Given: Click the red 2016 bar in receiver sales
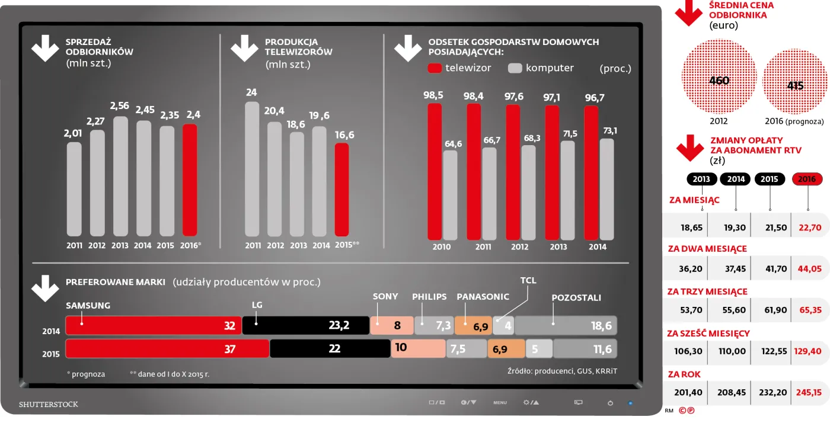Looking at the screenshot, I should pyautogui.click(x=190, y=180).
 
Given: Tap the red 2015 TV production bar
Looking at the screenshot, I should pyautogui.click(x=342, y=190).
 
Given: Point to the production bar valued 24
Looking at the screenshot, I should pyautogui.click(x=252, y=169).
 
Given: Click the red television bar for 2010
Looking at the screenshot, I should pyautogui.click(x=435, y=172).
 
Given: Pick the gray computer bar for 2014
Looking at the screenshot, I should pyautogui.click(x=606, y=190).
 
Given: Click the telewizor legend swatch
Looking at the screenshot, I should pyautogui.click(x=435, y=68).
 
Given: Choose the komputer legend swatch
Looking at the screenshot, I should pyautogui.click(x=515, y=68).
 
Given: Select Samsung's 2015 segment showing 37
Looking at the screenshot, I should pyautogui.click(x=167, y=348).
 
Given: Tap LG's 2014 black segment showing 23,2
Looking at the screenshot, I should pyautogui.click(x=305, y=325).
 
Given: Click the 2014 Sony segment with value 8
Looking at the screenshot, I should pyautogui.click(x=391, y=325).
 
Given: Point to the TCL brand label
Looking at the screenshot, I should pyautogui.click(x=528, y=280).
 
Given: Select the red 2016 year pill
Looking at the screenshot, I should pyautogui.click(x=807, y=179).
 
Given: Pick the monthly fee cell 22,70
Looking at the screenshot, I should pyautogui.click(x=809, y=227).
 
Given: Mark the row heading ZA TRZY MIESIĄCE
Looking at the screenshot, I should pyautogui.click(x=707, y=291).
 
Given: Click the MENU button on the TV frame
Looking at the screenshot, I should pyautogui.click(x=500, y=403).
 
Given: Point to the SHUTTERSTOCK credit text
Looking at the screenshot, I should pyautogui.click(x=49, y=405).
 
